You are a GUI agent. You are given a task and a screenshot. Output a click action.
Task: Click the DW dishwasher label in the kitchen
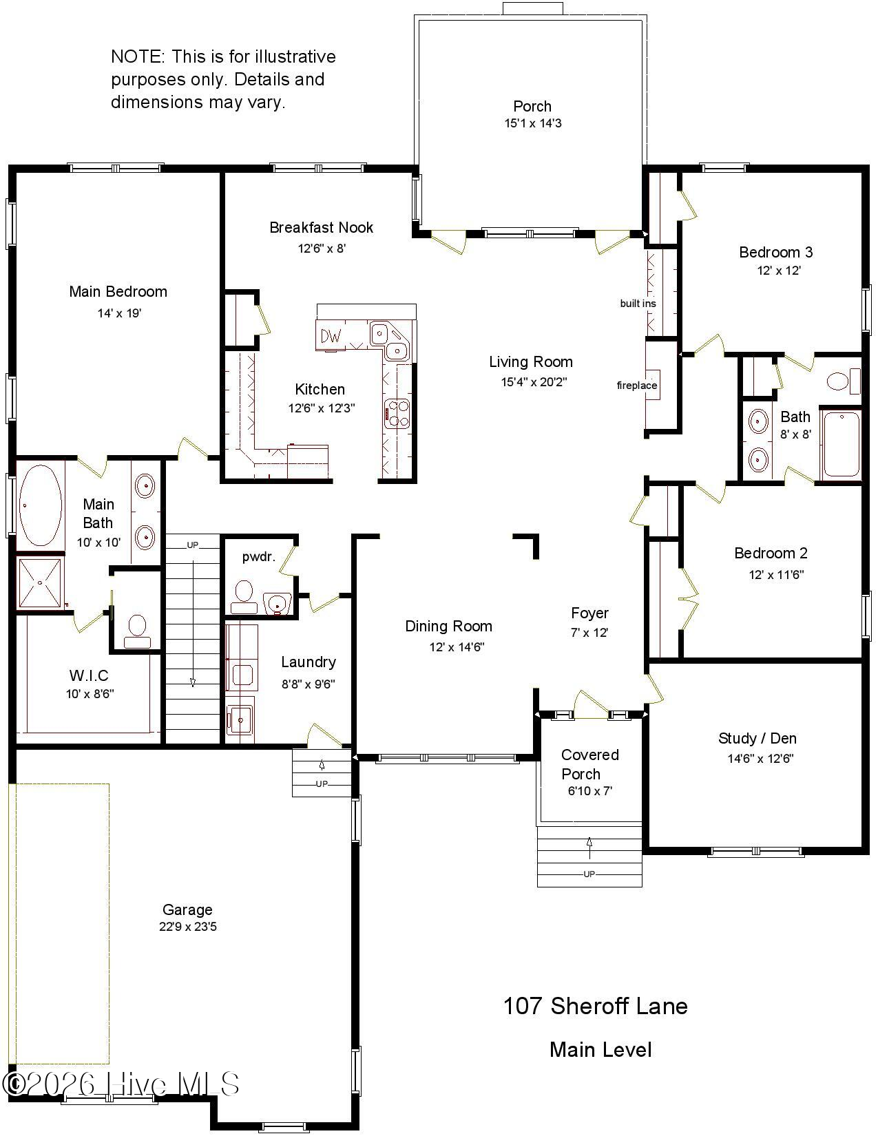pyautogui.click(x=331, y=337)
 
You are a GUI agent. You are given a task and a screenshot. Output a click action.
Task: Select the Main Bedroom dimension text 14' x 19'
pyautogui.click(x=119, y=313)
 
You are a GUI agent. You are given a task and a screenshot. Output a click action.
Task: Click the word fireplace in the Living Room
pyautogui.click(x=636, y=386)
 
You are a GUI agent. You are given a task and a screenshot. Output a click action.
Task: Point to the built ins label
pyautogui.click(x=638, y=304)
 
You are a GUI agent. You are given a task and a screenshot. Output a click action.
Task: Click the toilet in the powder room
pyautogui.click(x=244, y=595)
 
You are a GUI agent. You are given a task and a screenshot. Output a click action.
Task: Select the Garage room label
pyautogui.click(x=187, y=909)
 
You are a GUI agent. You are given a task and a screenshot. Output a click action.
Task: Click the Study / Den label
pyautogui.click(x=757, y=739)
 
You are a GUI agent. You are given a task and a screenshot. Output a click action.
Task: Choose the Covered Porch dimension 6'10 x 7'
pyautogui.click(x=589, y=791)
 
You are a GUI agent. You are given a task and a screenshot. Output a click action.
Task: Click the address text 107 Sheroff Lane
pyautogui.click(x=595, y=1006)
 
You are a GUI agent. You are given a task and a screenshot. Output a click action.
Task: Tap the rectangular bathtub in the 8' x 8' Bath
pyautogui.click(x=842, y=443)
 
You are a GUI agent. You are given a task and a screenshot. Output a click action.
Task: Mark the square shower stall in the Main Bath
pyautogui.click(x=40, y=583)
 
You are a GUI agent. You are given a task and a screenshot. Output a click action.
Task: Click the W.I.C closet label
pyautogui.click(x=89, y=675)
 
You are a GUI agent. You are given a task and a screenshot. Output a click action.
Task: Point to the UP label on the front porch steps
pyautogui.click(x=589, y=874)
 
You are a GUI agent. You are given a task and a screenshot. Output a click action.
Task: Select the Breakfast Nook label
pyautogui.click(x=321, y=227)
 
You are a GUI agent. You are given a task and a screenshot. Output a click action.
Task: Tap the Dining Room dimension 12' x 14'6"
pyautogui.click(x=457, y=646)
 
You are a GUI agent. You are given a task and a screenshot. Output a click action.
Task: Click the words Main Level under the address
pyautogui.click(x=600, y=1050)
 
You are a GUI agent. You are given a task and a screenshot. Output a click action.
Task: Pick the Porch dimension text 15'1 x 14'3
pyautogui.click(x=532, y=124)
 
